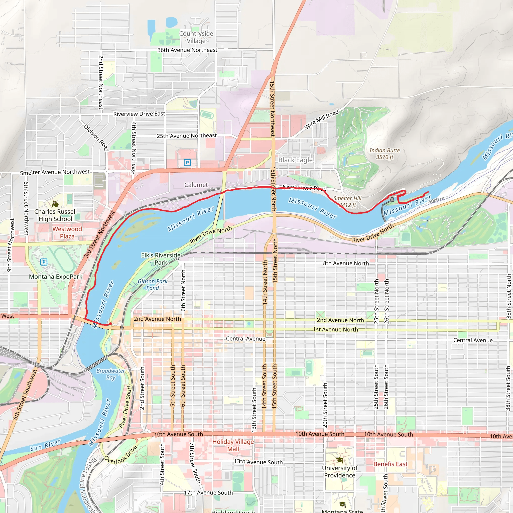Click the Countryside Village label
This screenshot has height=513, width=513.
tap(196, 37)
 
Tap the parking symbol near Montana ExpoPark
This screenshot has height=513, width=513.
tap(44, 262)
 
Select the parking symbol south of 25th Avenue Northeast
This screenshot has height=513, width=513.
tap(187, 163)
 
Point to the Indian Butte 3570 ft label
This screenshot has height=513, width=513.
tap(384, 154)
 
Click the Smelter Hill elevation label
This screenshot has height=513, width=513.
tap(347, 202)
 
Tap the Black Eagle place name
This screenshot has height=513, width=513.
tap(295, 160)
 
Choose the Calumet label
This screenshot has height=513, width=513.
tap(196, 185)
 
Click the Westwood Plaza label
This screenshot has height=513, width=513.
tap(67, 232)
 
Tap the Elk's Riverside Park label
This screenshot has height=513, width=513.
tap(161, 259)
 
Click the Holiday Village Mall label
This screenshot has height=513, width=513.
tap(233, 445)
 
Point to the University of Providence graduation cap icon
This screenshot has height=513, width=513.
tap(340, 460)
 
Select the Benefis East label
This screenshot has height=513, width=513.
tap(390, 464)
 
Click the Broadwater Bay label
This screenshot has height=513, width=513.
tap(110, 374)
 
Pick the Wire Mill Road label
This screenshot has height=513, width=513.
tap(321, 119)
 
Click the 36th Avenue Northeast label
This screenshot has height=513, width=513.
tap(187, 50)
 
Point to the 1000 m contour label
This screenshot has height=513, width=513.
tap(437, 200)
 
